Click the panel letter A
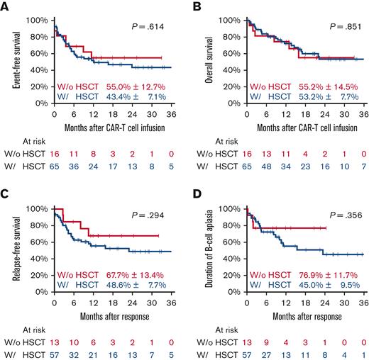6,6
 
